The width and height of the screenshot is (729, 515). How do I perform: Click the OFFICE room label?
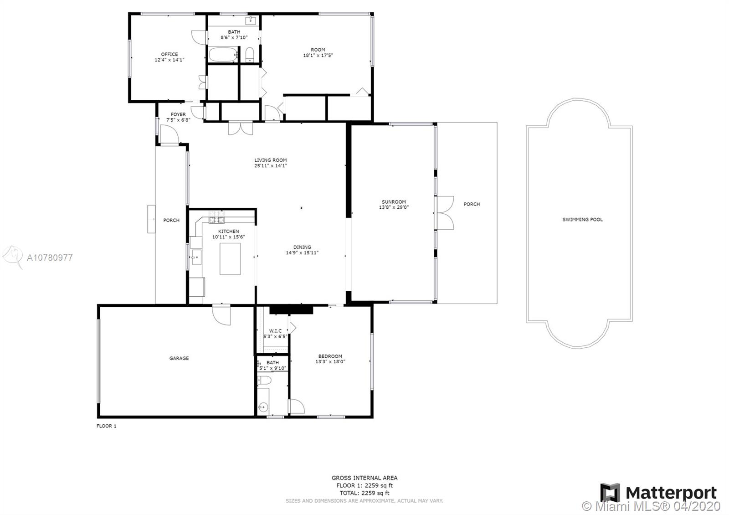(169, 54)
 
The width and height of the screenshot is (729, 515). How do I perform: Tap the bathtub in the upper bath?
(223, 54)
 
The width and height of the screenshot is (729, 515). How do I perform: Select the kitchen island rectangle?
(230, 259)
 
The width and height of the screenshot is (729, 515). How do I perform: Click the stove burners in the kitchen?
(216, 217)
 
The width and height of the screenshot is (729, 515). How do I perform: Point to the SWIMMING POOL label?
(583, 220)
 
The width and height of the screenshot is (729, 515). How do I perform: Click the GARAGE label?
(179, 358)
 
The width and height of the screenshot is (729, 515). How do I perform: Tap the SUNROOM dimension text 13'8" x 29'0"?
(394, 207)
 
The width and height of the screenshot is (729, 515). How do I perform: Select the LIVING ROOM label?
(271, 160)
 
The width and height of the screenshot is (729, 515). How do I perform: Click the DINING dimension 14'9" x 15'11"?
(302, 252)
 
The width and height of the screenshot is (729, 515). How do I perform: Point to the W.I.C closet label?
(275, 331)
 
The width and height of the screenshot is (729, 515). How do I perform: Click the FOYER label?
(178, 114)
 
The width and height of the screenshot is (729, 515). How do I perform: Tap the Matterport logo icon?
(610, 493)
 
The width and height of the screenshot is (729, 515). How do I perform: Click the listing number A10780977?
(50, 258)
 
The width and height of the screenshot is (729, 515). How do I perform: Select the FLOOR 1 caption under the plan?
(107, 426)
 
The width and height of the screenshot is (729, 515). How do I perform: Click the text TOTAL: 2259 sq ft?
(364, 493)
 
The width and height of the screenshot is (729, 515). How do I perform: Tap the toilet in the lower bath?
(264, 380)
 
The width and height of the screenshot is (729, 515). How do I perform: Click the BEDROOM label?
(330, 356)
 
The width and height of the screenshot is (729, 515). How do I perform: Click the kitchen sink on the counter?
(196, 257)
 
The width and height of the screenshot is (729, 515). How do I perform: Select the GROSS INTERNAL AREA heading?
(364, 478)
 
